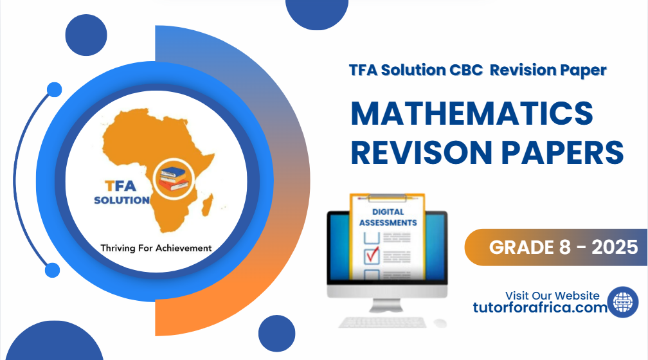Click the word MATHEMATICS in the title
[471, 114]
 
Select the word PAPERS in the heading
[566, 153]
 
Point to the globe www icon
[623, 302]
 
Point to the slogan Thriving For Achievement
[155, 247]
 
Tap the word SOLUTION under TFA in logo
[122, 200]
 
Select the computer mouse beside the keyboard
[440, 322]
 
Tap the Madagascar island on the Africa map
[208, 206]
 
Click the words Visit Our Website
[552, 296]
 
